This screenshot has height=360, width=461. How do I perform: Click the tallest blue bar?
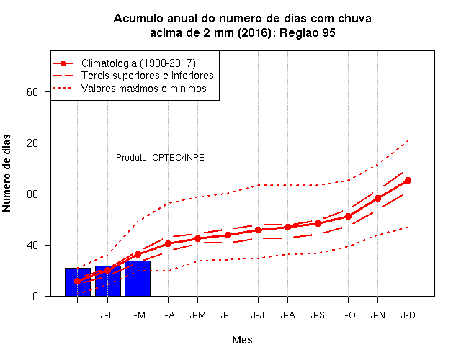[138, 279]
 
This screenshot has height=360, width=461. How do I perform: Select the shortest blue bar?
[78, 282]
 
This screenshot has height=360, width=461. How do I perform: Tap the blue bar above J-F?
[107, 281]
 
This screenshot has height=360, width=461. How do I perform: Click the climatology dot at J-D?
[408, 181]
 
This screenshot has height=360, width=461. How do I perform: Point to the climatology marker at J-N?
[377, 199]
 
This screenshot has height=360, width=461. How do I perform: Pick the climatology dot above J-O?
[348, 216]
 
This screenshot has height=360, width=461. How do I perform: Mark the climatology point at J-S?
[318, 224]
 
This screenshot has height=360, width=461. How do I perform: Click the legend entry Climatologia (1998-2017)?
[138, 63]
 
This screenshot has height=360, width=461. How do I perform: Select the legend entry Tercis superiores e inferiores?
[148, 76]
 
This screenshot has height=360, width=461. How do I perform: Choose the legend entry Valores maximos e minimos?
[144, 89]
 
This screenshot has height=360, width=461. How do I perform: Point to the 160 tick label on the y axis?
[30, 92]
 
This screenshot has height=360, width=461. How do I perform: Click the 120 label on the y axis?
[30, 143]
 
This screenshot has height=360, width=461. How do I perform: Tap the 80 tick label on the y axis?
[32, 194]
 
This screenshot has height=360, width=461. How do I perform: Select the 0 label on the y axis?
[35, 296]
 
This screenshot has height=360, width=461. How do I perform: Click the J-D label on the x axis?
[408, 315]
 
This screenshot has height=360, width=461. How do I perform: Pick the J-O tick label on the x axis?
[348, 315]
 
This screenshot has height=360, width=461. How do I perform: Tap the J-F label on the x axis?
[107, 315]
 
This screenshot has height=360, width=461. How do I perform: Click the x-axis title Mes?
[242, 340]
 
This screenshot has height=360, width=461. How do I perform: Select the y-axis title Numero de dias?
[6, 173]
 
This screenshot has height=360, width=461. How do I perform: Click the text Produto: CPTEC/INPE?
[160, 158]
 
